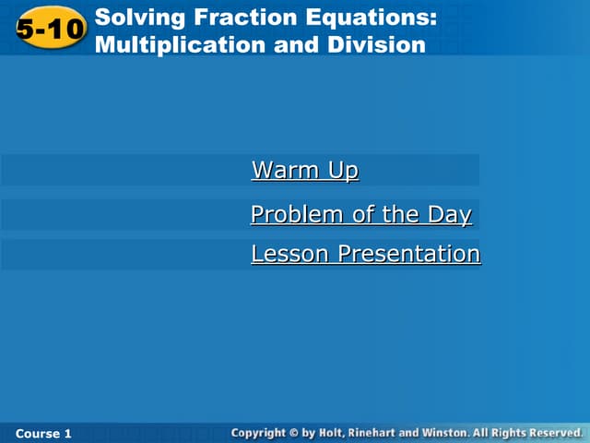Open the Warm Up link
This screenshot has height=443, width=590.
(x=304, y=171)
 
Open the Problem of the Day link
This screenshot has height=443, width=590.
(x=360, y=215)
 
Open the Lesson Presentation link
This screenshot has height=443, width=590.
(x=365, y=254)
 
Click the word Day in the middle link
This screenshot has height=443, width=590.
(x=449, y=215)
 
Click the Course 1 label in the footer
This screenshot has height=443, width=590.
(x=43, y=433)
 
